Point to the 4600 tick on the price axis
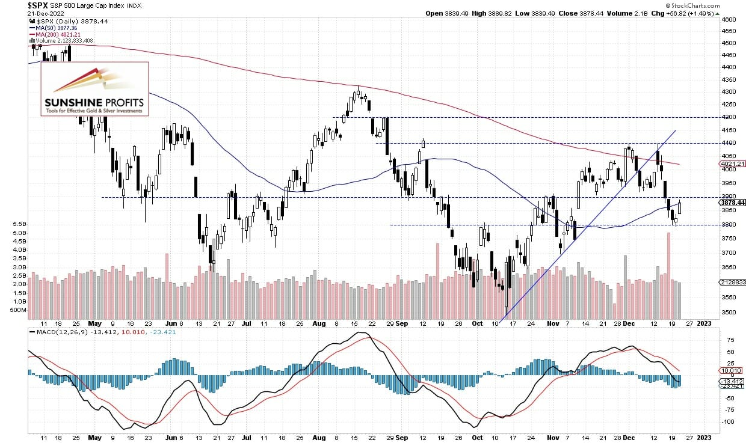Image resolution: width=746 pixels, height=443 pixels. click(x=729, y=19)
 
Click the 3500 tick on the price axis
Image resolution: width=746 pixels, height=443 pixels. click(x=729, y=313)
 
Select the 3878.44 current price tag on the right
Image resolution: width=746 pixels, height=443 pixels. click(x=732, y=203)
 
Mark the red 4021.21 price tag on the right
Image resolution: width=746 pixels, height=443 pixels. click(x=732, y=163)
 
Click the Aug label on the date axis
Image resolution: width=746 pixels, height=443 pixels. click(x=319, y=323)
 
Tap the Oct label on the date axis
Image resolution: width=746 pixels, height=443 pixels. click(x=477, y=323)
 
